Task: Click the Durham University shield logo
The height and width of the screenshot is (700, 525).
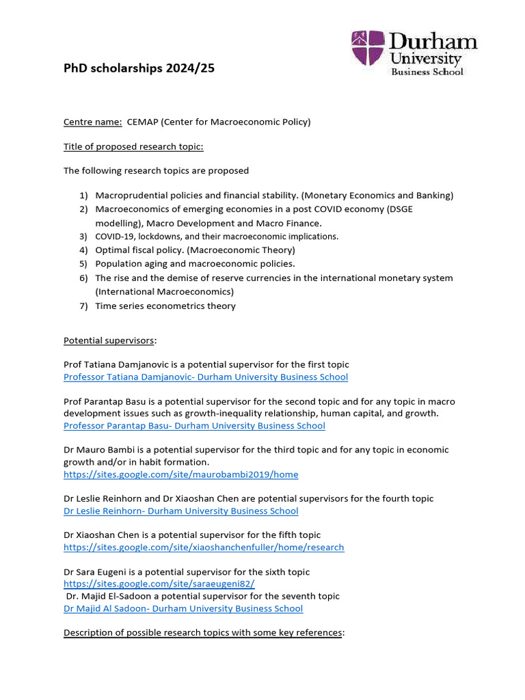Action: (368, 49)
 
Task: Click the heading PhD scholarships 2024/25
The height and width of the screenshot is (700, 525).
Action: (139, 68)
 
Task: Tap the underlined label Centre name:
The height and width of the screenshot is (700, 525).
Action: (93, 122)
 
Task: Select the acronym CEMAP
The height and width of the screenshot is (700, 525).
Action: (143, 122)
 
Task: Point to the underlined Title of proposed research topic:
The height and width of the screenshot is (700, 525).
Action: (133, 146)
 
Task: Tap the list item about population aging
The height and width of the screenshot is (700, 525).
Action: (195, 264)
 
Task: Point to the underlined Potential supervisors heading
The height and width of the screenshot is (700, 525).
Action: (109, 340)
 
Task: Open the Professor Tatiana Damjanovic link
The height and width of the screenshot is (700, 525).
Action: (206, 377)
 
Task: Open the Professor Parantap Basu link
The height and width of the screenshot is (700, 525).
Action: (194, 425)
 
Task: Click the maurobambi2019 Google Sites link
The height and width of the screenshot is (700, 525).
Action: (180, 474)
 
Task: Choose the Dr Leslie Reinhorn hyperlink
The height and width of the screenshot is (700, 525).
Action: (180, 511)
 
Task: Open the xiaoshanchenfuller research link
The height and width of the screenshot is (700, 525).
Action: (204, 547)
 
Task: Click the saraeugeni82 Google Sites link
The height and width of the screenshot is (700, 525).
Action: (159, 584)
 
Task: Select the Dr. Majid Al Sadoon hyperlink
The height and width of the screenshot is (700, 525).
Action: (183, 608)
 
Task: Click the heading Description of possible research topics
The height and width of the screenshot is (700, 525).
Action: (204, 632)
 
